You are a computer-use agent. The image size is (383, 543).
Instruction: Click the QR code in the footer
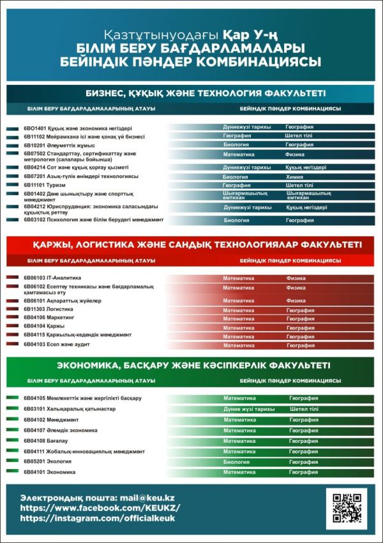point(346,509)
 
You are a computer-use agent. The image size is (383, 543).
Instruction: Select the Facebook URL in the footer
point(100,508)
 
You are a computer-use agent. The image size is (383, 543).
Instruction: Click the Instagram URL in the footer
point(98,518)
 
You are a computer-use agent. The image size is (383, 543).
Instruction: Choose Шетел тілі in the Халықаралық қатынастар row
point(304,409)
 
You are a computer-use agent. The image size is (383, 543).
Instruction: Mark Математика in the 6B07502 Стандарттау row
point(239,154)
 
